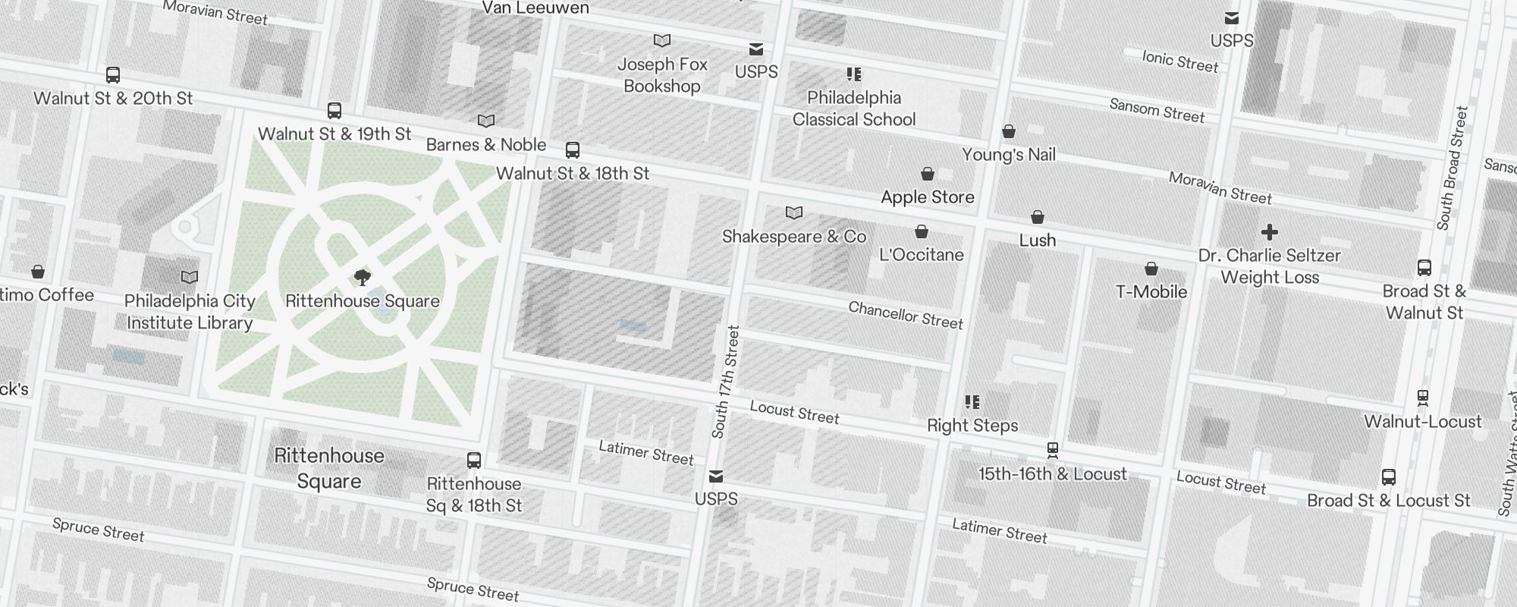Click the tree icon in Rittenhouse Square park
[x=363, y=278]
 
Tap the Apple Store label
[x=927, y=197]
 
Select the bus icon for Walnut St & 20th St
[x=113, y=75]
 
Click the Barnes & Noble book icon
[x=486, y=121]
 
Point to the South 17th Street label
[x=725, y=382]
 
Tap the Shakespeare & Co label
[x=793, y=237]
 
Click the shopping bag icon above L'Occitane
[x=921, y=231]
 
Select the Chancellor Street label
[x=905, y=315]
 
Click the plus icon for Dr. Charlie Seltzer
[x=1269, y=232]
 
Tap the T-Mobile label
[x=1151, y=292]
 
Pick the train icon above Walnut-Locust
[x=1423, y=398]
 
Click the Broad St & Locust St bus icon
[x=1389, y=477]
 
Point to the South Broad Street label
[x=1453, y=168]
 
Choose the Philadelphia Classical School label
[x=854, y=109]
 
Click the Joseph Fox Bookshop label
[x=662, y=75]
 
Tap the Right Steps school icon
[x=972, y=402]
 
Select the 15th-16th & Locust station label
[x=1052, y=474]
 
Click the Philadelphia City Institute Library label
[x=190, y=312]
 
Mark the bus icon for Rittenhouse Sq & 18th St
[x=474, y=461]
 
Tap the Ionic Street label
[x=1179, y=61]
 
